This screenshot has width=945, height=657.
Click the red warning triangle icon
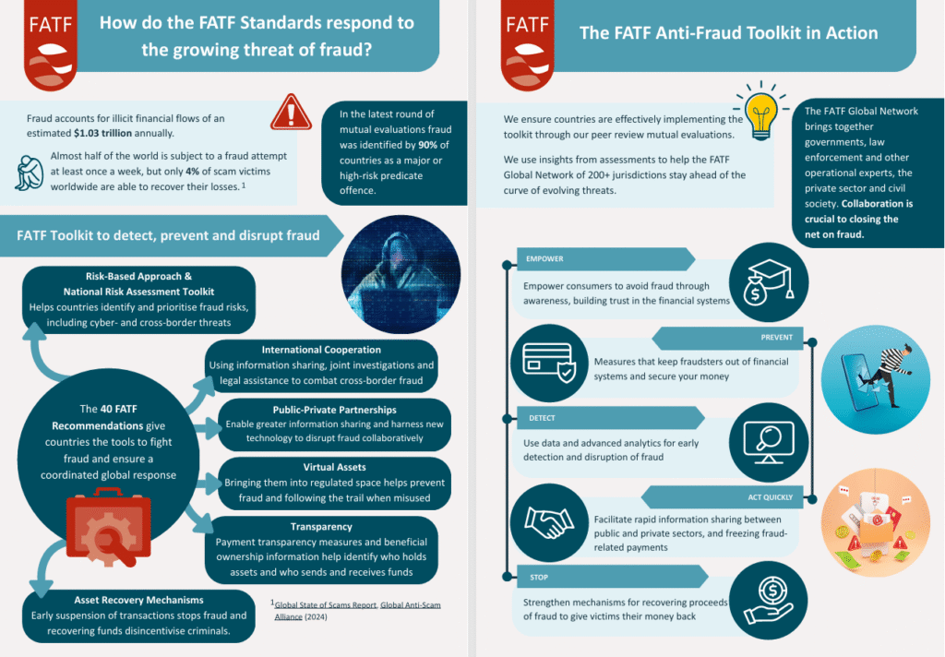(x=291, y=112)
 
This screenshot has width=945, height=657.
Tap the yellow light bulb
(x=761, y=111)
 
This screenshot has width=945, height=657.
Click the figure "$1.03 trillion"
(x=102, y=133)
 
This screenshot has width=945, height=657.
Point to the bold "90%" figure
(x=427, y=145)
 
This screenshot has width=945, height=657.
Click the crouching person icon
(x=29, y=173)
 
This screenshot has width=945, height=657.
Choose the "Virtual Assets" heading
(x=334, y=467)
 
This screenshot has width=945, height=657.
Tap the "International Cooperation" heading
(x=321, y=350)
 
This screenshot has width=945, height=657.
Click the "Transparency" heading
(x=321, y=527)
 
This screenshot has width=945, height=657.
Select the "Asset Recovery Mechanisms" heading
(x=138, y=601)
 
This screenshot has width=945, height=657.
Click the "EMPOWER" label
(x=544, y=259)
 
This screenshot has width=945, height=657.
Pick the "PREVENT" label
(x=777, y=338)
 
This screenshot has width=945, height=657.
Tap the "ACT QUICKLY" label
(x=771, y=498)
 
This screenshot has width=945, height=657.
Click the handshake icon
(x=548, y=522)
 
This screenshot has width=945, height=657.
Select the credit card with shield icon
(x=549, y=363)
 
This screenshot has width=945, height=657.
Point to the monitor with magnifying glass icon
(x=769, y=442)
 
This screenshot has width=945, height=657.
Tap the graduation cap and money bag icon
(x=769, y=281)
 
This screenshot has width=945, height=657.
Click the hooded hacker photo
(x=401, y=274)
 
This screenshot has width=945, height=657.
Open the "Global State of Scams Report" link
(x=326, y=604)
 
